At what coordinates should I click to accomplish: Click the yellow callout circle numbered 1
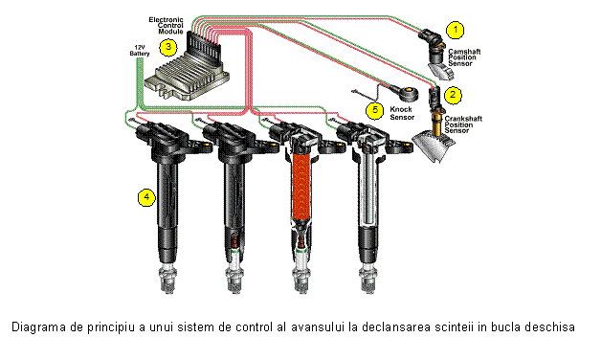coord(456,30)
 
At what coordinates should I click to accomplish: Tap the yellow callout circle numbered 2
coord(453,95)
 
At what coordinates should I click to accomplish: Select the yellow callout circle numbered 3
coord(167,48)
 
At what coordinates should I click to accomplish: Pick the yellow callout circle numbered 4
coord(146,197)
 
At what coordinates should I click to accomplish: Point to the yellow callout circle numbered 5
coord(374,110)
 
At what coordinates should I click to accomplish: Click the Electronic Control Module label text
coord(167,25)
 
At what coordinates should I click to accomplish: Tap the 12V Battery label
coord(140,51)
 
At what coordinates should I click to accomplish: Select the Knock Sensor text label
coord(402,113)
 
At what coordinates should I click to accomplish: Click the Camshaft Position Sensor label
coord(464,57)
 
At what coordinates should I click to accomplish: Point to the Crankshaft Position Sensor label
coord(463,124)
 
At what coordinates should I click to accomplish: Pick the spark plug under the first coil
coord(167,280)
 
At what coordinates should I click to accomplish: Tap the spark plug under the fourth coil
coord(368,280)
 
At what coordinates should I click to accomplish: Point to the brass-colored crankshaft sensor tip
coord(437,123)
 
